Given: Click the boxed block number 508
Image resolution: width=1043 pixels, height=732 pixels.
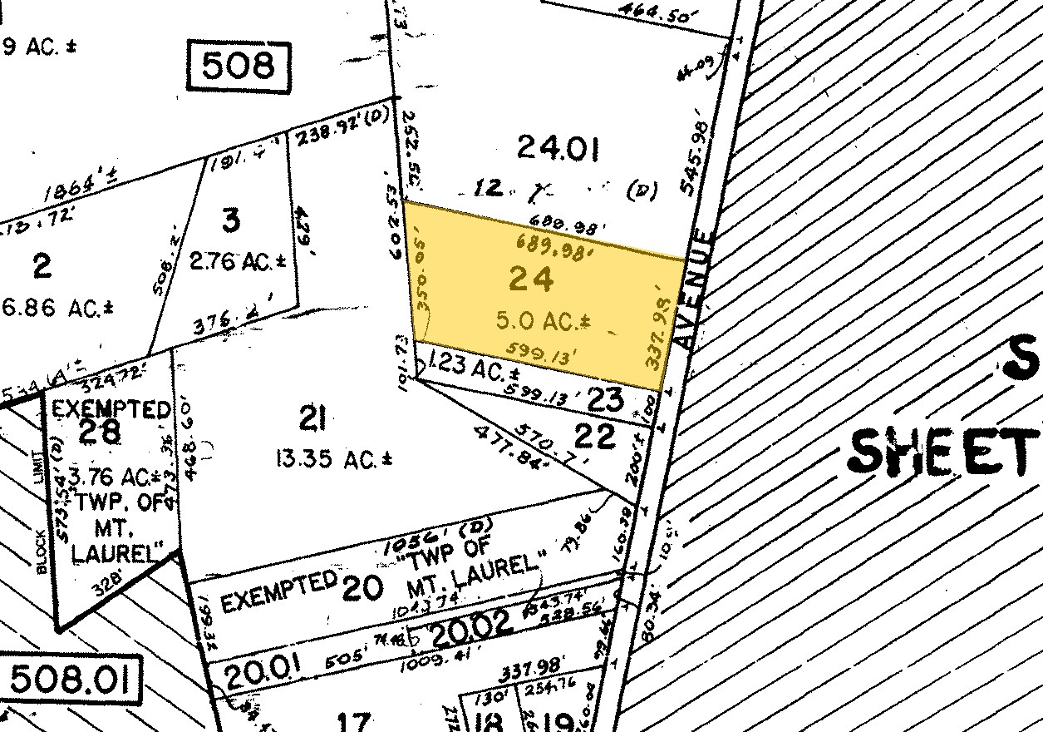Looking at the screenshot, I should (x=238, y=66).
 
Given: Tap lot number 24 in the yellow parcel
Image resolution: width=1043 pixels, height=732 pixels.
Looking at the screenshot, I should (x=531, y=280).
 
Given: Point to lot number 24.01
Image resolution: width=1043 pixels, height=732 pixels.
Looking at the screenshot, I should (x=558, y=147).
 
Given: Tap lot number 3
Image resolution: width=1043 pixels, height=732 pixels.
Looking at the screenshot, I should (x=231, y=222).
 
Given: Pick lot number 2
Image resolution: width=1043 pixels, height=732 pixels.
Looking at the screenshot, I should (x=42, y=267).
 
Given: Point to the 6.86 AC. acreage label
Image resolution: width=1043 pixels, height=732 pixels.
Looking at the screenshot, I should (x=57, y=308).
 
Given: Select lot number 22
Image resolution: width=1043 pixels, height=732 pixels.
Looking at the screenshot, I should (x=596, y=435).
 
